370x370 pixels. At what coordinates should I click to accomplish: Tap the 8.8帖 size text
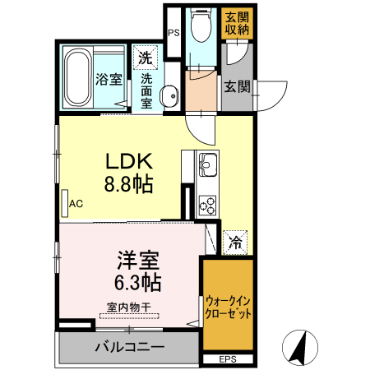coord(127,184)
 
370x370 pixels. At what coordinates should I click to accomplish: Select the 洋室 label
coord(137,261)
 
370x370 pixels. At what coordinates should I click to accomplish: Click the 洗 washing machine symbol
coord(144,58)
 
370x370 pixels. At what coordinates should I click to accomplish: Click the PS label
coord(173,33)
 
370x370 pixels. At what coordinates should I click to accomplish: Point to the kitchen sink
coord(206,164)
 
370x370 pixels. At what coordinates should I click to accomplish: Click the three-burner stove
coord(206,202)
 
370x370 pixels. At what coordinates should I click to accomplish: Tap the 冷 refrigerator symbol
coord(235,243)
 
